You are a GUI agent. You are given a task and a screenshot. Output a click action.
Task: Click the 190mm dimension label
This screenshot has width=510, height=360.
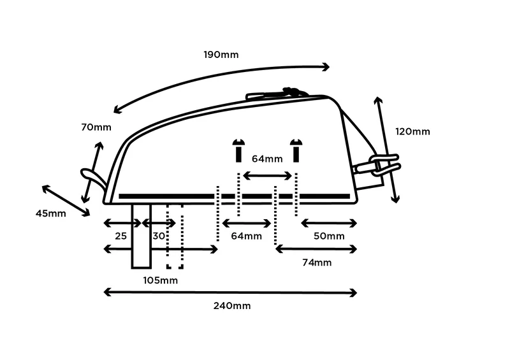pos(221,54)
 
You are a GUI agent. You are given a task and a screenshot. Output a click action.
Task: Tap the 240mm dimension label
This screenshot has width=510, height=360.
pos(233,306)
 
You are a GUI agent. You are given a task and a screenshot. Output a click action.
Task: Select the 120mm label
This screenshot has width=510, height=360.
pos(412,132)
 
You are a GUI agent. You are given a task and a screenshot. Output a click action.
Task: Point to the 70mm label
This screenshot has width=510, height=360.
pos(96,127)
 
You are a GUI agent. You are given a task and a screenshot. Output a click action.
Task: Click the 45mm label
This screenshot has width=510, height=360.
pos(50,213)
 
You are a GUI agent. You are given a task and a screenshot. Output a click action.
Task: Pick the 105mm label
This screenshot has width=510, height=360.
pos(160,280)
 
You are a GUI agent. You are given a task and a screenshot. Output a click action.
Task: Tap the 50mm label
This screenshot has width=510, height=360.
pos(329,236)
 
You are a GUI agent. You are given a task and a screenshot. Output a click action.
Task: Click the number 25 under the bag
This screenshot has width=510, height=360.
pos(120,236)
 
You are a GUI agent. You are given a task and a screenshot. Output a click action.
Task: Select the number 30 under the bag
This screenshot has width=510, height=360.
pos(159,236)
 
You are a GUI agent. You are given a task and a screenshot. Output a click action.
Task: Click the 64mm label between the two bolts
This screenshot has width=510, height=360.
pos(266,159)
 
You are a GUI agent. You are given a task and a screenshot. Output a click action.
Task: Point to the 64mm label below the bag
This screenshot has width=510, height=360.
pos(246,236)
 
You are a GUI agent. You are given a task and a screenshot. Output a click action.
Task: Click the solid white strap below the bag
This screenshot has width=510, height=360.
pos(141,236)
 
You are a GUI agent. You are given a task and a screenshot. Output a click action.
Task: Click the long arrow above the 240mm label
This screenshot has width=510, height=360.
pos(229,292)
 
